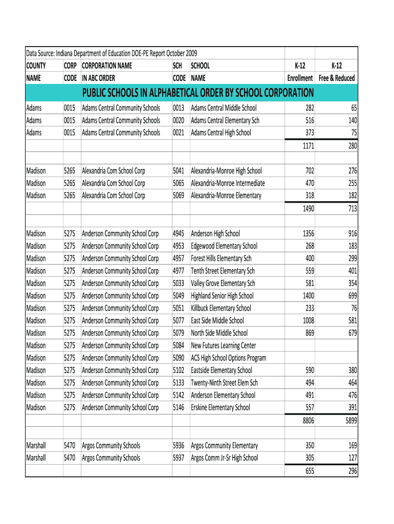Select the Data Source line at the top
pyautogui.click(x=112, y=53)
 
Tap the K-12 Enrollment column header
pyautogui.click(x=300, y=72)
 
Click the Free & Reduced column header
pyautogui.click(x=336, y=72)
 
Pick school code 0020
pyautogui.click(x=179, y=120)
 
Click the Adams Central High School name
pyautogui.click(x=221, y=133)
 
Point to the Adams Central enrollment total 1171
pyautogui.click(x=308, y=146)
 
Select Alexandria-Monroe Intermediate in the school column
pyautogui.click(x=228, y=183)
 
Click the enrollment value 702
pyautogui.click(x=310, y=171)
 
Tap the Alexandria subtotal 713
pyautogui.click(x=352, y=209)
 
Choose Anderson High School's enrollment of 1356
pyautogui.click(x=308, y=233)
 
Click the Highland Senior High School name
pyautogui.click(x=222, y=296)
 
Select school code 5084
pyautogui.click(x=179, y=345)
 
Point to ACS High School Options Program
pyautogui.click(x=228, y=358)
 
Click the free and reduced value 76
pyautogui.click(x=354, y=308)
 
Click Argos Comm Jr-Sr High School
pyautogui.click(x=224, y=458)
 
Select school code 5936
pyautogui.click(x=179, y=446)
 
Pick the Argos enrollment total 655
pyautogui.click(x=310, y=471)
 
